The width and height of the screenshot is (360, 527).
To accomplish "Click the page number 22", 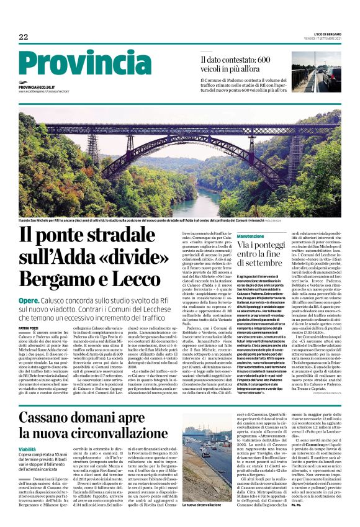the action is (24, 37).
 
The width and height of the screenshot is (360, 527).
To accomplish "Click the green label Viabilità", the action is (31, 448).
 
